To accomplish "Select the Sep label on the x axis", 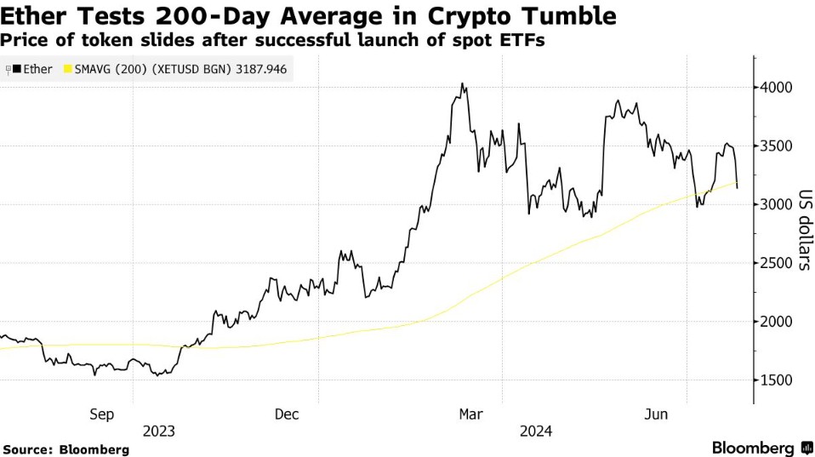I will coord(101,414).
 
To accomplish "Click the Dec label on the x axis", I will coord(287,414).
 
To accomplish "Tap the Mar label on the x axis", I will coord(470,414).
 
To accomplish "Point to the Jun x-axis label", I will coord(656,414).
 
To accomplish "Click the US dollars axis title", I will coord(803,230).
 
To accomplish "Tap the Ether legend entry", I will coord(33,70).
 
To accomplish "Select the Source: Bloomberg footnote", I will coord(66,448).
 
